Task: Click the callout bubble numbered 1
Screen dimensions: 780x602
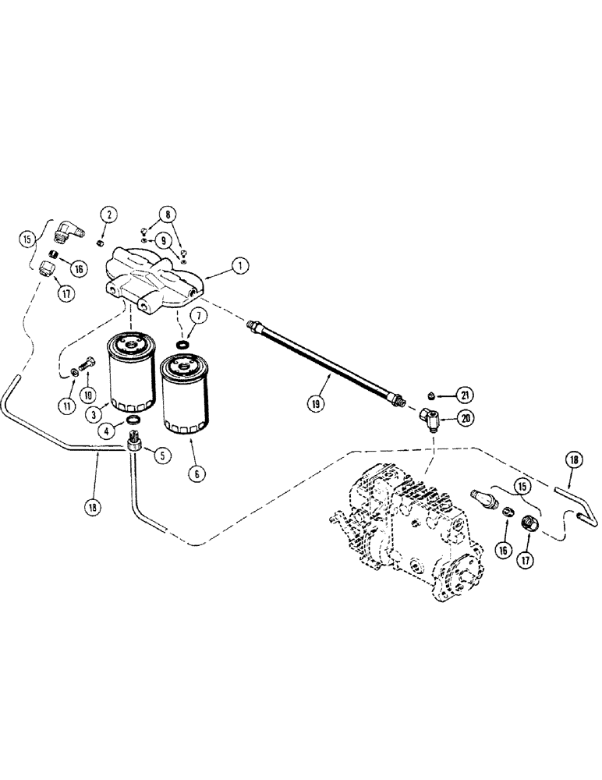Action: [242, 267]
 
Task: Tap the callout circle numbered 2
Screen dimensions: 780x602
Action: [109, 215]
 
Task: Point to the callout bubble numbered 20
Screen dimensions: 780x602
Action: [466, 419]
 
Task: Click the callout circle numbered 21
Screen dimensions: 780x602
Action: [466, 394]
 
